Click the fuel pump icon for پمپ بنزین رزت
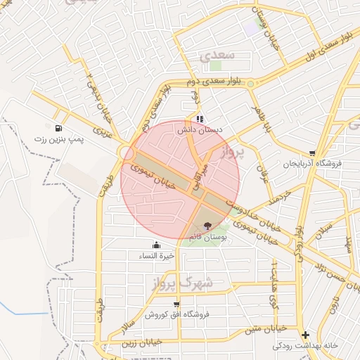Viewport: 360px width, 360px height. pos(57,129)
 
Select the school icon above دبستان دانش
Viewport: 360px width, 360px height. pos(200,119)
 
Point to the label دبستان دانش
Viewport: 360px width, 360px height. pos(199,130)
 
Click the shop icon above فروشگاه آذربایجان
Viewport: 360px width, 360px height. pos(311,153)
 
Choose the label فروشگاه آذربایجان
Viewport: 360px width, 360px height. pos(311,164)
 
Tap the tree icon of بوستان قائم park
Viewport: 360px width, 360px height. pos(207,226)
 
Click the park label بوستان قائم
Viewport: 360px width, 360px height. pos(207,238)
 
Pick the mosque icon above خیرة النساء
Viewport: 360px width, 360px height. pos(156,245)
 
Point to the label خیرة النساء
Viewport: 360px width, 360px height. pos(156,256)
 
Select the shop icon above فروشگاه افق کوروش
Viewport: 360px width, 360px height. pos(166,304)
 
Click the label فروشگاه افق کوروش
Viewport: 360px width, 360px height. pos(167,315)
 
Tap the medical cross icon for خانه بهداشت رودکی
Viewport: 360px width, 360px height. pos(304,335)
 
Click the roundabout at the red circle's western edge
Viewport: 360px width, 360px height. pos(127,153)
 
